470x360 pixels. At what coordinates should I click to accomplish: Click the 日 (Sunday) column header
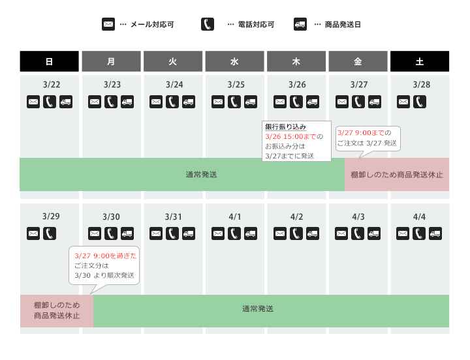49,61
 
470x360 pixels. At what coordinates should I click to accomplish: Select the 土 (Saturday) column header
419,61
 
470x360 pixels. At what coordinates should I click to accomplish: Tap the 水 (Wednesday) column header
234,61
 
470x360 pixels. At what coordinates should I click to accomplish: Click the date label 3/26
296,85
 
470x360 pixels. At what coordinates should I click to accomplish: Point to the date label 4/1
234,217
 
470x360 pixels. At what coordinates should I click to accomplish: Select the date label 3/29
51,217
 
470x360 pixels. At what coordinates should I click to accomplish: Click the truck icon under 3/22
65,102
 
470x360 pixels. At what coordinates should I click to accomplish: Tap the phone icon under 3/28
419,102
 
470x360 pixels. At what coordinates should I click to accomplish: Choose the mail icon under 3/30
95,233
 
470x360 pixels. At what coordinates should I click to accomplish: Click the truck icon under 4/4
435,233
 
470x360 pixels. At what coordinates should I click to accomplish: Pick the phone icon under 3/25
234,102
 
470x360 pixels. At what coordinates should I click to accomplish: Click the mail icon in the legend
108,25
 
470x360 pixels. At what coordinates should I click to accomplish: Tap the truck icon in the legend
300,25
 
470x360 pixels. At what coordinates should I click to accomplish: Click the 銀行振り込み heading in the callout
285,127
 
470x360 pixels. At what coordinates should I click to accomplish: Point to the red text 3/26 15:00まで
290,136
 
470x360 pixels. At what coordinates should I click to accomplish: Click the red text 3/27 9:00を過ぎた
105,256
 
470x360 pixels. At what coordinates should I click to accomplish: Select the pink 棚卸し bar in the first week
397,175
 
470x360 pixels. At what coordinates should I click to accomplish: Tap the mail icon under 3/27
341,102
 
